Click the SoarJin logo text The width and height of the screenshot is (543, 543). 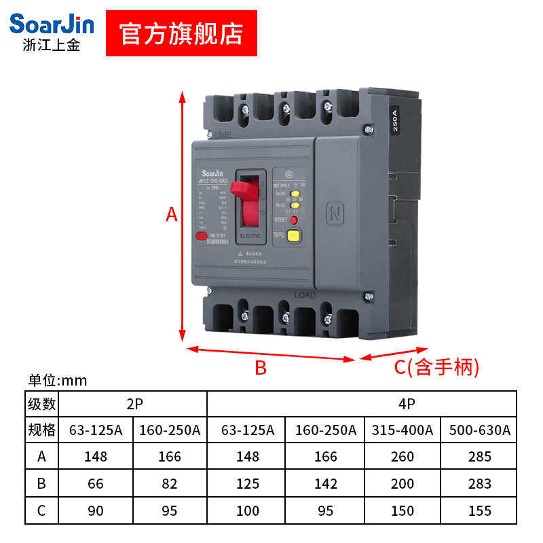coord(52,25)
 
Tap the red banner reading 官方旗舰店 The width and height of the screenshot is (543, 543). coord(181,33)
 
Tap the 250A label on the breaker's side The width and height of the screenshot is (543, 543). coord(397,121)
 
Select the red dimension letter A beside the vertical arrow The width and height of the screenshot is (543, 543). coord(172,215)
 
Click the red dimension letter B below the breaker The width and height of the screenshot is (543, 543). coord(261,368)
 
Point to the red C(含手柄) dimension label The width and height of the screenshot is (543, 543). coord(437,367)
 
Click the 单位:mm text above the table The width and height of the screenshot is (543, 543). coord(58,380)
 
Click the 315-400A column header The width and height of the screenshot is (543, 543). coord(402,430)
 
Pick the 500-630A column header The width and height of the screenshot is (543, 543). coord(479,430)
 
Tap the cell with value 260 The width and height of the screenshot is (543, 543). coord(402,456)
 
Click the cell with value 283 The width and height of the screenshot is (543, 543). coord(479,483)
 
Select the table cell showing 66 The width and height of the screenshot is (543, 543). coord(96,483)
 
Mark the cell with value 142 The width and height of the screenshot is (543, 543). coord(326,483)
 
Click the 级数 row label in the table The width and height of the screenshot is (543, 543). coord(42,404)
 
